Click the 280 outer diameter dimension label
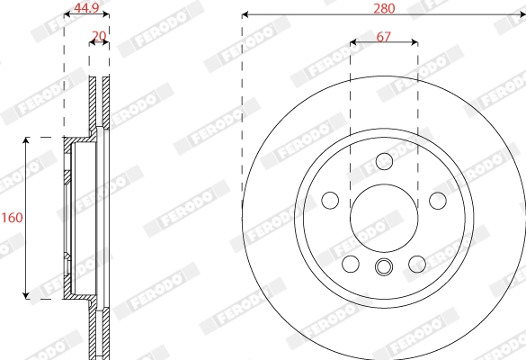click(384, 8)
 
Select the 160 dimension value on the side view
click(12, 218)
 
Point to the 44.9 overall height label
click(86, 9)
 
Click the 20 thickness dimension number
click(99, 36)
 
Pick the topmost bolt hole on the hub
click(384, 161)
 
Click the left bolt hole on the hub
click(330, 200)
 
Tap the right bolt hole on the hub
click(438, 200)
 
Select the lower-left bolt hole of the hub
click(351, 264)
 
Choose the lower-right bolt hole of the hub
click(417, 264)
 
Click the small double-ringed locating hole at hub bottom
click(384, 266)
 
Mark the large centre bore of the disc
click(384, 217)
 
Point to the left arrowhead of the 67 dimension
click(353, 41)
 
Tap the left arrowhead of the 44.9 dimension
click(67, 14)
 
